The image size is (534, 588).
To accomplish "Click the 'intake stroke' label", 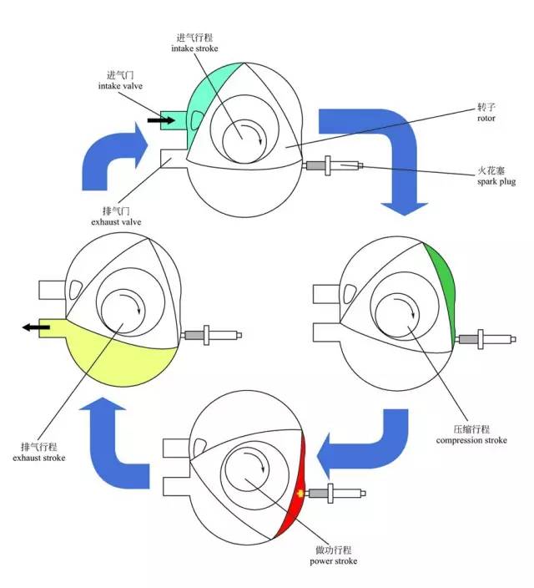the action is point(194,48).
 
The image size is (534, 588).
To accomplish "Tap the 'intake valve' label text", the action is point(120,86).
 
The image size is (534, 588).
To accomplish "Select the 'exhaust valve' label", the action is point(116,221).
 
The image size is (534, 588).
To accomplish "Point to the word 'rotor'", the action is point(486,118).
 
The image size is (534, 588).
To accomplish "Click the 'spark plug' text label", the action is point(496,182).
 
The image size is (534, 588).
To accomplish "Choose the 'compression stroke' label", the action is point(471,440).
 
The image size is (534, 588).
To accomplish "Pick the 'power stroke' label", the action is point(334,561).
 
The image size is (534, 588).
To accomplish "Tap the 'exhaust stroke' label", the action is point(39,458).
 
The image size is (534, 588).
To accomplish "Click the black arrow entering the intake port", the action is point(161,120).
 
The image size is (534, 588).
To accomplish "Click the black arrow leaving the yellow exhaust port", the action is point(36,327).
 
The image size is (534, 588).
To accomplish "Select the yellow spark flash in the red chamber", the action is point(300,494).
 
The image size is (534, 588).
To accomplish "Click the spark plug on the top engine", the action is point(335,165).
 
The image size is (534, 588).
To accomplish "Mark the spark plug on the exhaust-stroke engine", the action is point(213,335).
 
